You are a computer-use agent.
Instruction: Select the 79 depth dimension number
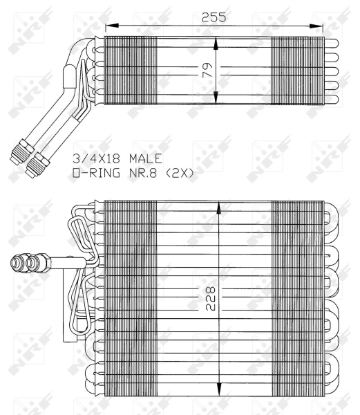pos(207,69)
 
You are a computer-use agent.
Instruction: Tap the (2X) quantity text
pos(178,173)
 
